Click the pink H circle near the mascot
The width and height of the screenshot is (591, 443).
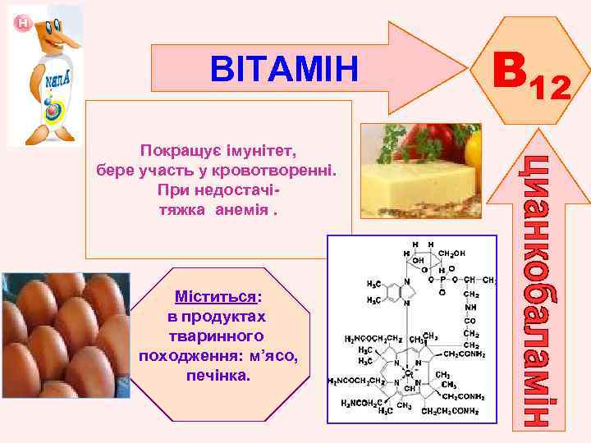pos(23,25)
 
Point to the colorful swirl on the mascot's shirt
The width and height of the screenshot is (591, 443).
pos(52,107)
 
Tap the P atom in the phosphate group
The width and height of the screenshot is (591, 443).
pos(443,277)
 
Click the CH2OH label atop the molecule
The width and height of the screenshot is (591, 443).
pos(452,253)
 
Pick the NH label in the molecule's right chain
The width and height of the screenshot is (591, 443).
pos(471,308)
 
